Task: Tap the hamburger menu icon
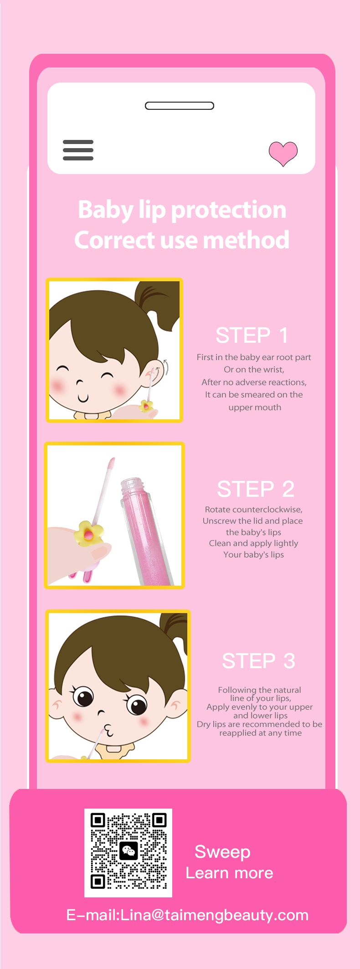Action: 78,150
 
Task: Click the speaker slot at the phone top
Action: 180,106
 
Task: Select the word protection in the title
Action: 228,210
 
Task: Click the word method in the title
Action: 246,240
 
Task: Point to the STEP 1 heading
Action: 252,335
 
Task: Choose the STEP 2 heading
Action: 256,489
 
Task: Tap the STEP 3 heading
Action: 259,661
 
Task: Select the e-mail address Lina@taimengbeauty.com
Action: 214,915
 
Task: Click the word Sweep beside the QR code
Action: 222,852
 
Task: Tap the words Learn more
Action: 229,873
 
